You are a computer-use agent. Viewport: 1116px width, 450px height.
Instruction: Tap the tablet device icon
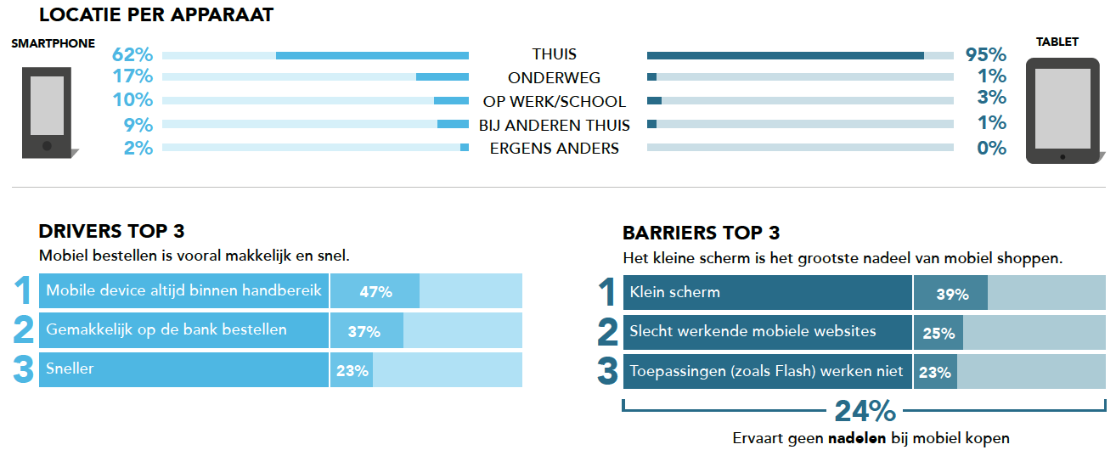pyautogui.click(x=1062, y=110)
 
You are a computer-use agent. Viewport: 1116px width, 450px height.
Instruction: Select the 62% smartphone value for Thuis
pyautogui.click(x=132, y=55)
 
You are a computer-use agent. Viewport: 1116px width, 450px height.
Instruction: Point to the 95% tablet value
pyautogui.click(x=986, y=55)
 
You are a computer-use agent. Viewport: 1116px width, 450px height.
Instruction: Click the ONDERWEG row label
pyautogui.click(x=554, y=78)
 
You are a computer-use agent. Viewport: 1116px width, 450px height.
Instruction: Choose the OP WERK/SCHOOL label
pyautogui.click(x=554, y=102)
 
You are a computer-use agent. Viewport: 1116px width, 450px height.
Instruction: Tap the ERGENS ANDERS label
pyautogui.click(x=554, y=149)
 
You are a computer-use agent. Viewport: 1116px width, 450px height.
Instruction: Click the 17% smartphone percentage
pyautogui.click(x=132, y=77)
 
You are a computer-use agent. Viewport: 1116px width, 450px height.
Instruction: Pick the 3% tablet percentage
pyautogui.click(x=991, y=97)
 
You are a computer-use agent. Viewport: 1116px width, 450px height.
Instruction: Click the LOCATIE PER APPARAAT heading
pyautogui.click(x=156, y=15)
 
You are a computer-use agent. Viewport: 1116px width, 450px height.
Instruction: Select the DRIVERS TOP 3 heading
pyautogui.click(x=111, y=232)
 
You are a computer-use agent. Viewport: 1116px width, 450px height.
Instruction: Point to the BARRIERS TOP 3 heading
pyautogui.click(x=701, y=233)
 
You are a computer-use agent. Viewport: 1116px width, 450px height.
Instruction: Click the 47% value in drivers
pyautogui.click(x=375, y=292)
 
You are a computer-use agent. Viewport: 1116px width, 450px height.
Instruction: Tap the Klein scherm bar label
pyautogui.click(x=674, y=292)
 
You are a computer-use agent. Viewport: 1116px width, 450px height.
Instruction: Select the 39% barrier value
pyautogui.click(x=952, y=295)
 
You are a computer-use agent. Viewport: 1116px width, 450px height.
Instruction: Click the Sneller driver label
pyautogui.click(x=70, y=369)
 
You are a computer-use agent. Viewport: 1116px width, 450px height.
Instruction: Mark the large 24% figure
pyautogui.click(x=865, y=412)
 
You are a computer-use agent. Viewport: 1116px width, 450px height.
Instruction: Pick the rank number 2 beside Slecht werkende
pyautogui.click(x=607, y=332)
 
